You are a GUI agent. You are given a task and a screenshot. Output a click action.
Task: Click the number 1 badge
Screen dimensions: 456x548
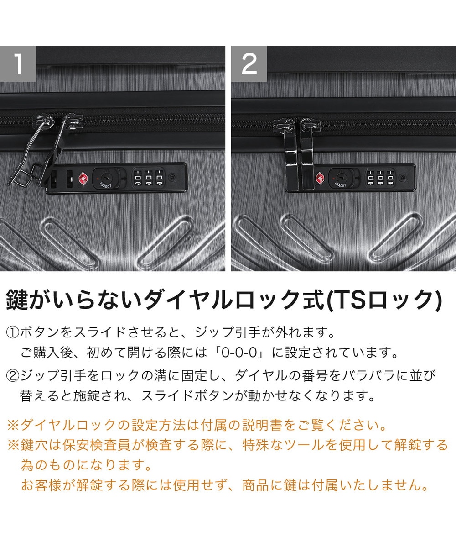pos(18,64)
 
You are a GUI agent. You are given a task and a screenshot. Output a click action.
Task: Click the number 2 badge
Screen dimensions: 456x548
pos(249,64)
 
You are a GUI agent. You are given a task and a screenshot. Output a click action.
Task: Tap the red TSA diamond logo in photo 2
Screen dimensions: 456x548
pos(320,178)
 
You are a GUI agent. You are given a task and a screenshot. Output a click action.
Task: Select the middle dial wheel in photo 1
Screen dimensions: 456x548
pos(148,178)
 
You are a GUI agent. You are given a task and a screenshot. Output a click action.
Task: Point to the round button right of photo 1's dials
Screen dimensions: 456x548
pos(172,178)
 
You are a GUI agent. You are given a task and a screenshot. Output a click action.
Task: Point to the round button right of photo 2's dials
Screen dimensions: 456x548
pos(402,178)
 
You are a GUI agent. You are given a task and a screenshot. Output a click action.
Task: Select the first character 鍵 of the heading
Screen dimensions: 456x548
pos(17,300)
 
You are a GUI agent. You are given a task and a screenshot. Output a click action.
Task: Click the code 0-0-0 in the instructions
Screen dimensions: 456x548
pos(239,353)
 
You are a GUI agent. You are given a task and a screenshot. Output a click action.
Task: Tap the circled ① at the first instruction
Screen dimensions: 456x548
pos(13,332)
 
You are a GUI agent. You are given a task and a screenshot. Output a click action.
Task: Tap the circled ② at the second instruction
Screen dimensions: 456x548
pos(13,375)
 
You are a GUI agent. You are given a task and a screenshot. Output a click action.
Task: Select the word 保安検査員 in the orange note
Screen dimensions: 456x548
pos(96,445)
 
